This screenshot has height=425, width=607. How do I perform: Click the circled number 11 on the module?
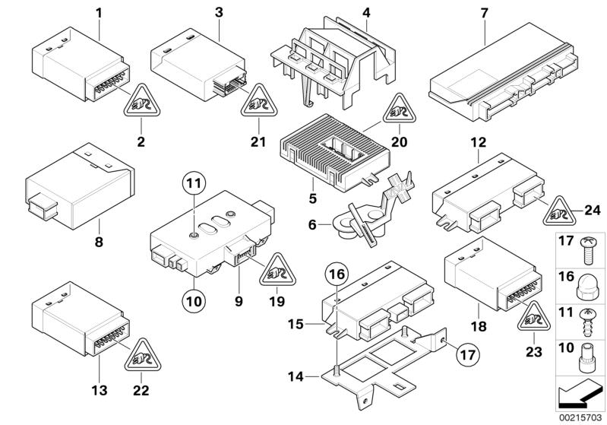[194, 182]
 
